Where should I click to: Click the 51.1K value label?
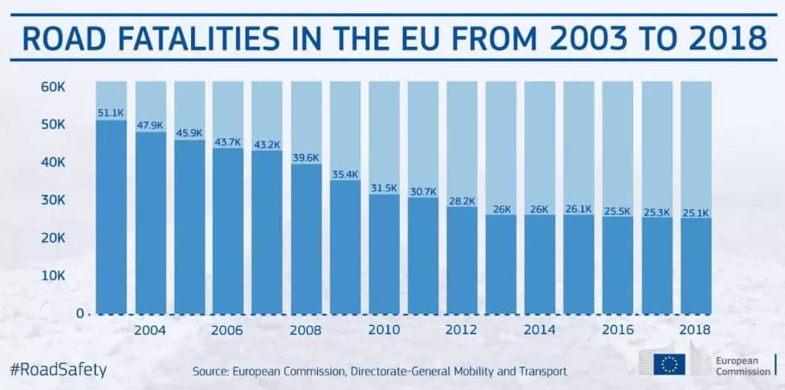point(111,113)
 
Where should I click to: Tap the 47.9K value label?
point(150,125)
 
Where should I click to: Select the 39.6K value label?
point(306,157)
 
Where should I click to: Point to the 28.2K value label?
point(461,200)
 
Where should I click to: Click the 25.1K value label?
point(695,212)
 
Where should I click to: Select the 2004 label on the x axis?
point(150,330)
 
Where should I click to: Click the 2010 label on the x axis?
point(384,330)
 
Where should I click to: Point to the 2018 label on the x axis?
point(695,330)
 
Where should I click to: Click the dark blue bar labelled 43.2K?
point(267,234)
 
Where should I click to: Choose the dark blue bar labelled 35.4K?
point(345,248)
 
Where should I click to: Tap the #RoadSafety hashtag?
point(59,368)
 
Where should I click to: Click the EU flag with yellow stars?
point(670,363)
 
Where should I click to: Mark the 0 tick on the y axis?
point(79,313)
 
